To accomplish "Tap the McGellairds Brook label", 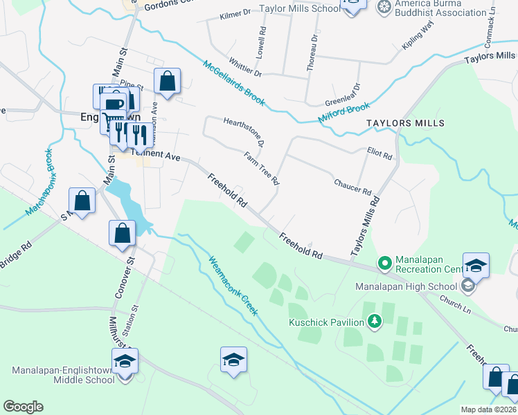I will click(x=234, y=83).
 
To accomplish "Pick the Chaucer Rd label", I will click(x=352, y=186).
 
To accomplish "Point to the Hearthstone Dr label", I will click(x=243, y=131).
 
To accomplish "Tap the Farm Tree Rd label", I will click(x=261, y=169).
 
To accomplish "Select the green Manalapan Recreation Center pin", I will click(x=384, y=263).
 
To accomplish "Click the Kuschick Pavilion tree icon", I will click(x=375, y=321).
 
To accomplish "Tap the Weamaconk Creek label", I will click(x=233, y=285).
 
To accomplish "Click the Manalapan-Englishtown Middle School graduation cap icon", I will click(x=125, y=361).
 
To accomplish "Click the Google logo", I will click(x=23, y=407).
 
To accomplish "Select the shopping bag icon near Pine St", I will click(x=168, y=82).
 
